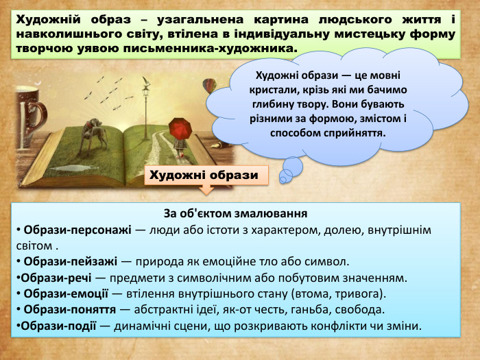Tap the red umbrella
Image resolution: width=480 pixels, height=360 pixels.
(x=179, y=127)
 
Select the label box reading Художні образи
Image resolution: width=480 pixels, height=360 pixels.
(x=204, y=176)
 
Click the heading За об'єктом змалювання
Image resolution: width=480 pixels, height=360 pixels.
(x=235, y=213)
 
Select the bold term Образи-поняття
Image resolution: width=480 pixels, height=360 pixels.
(x=65, y=309)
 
